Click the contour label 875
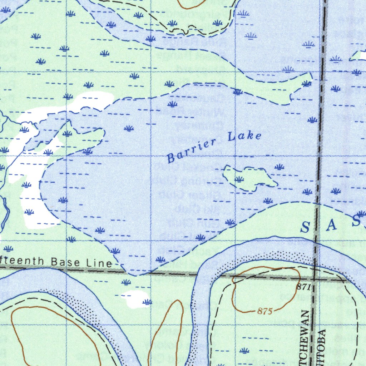pyautogui.click(x=265, y=312)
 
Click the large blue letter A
pyautogui.click(x=332, y=225)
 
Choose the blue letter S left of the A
pyautogui.click(x=305, y=227)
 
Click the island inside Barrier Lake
pyautogui.click(x=247, y=177)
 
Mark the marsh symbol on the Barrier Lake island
pyautogui.click(x=239, y=179)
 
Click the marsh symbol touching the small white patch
pyautogui.click(x=147, y=302)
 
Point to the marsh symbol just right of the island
pyautogui.click(x=280, y=167)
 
